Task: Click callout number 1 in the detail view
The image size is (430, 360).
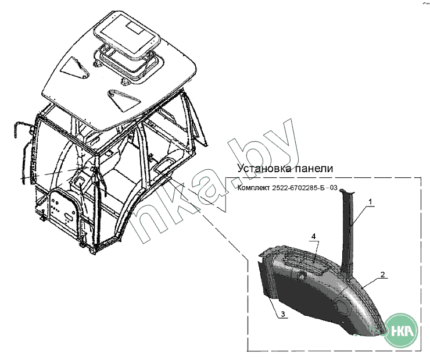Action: pos(370,201)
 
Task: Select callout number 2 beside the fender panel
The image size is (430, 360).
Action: pos(382,274)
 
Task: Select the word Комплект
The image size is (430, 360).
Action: pos(256,188)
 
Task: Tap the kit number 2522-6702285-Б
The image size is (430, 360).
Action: pos(304,188)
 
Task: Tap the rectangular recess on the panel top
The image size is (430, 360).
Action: pos(310,263)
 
